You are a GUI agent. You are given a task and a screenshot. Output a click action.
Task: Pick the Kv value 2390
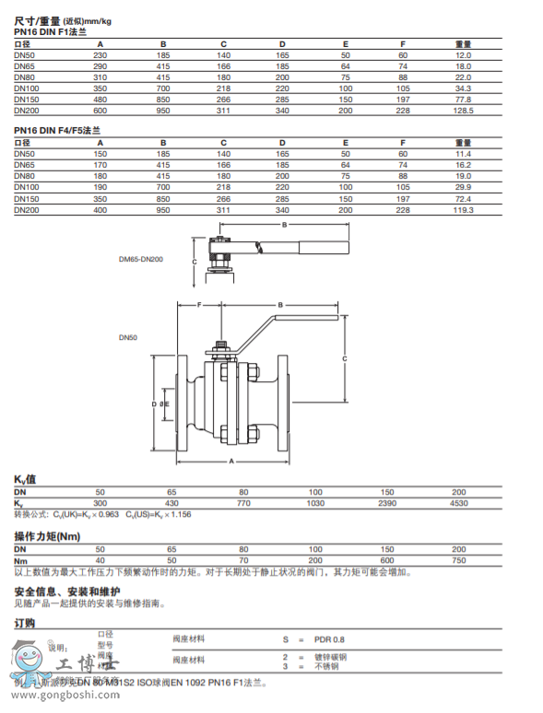(387, 503)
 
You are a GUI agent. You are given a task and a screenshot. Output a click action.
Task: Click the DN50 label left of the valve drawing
(127, 338)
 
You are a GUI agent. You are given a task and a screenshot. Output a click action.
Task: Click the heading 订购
(25, 623)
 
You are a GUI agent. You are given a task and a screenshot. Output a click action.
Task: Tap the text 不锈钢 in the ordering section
(326, 665)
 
